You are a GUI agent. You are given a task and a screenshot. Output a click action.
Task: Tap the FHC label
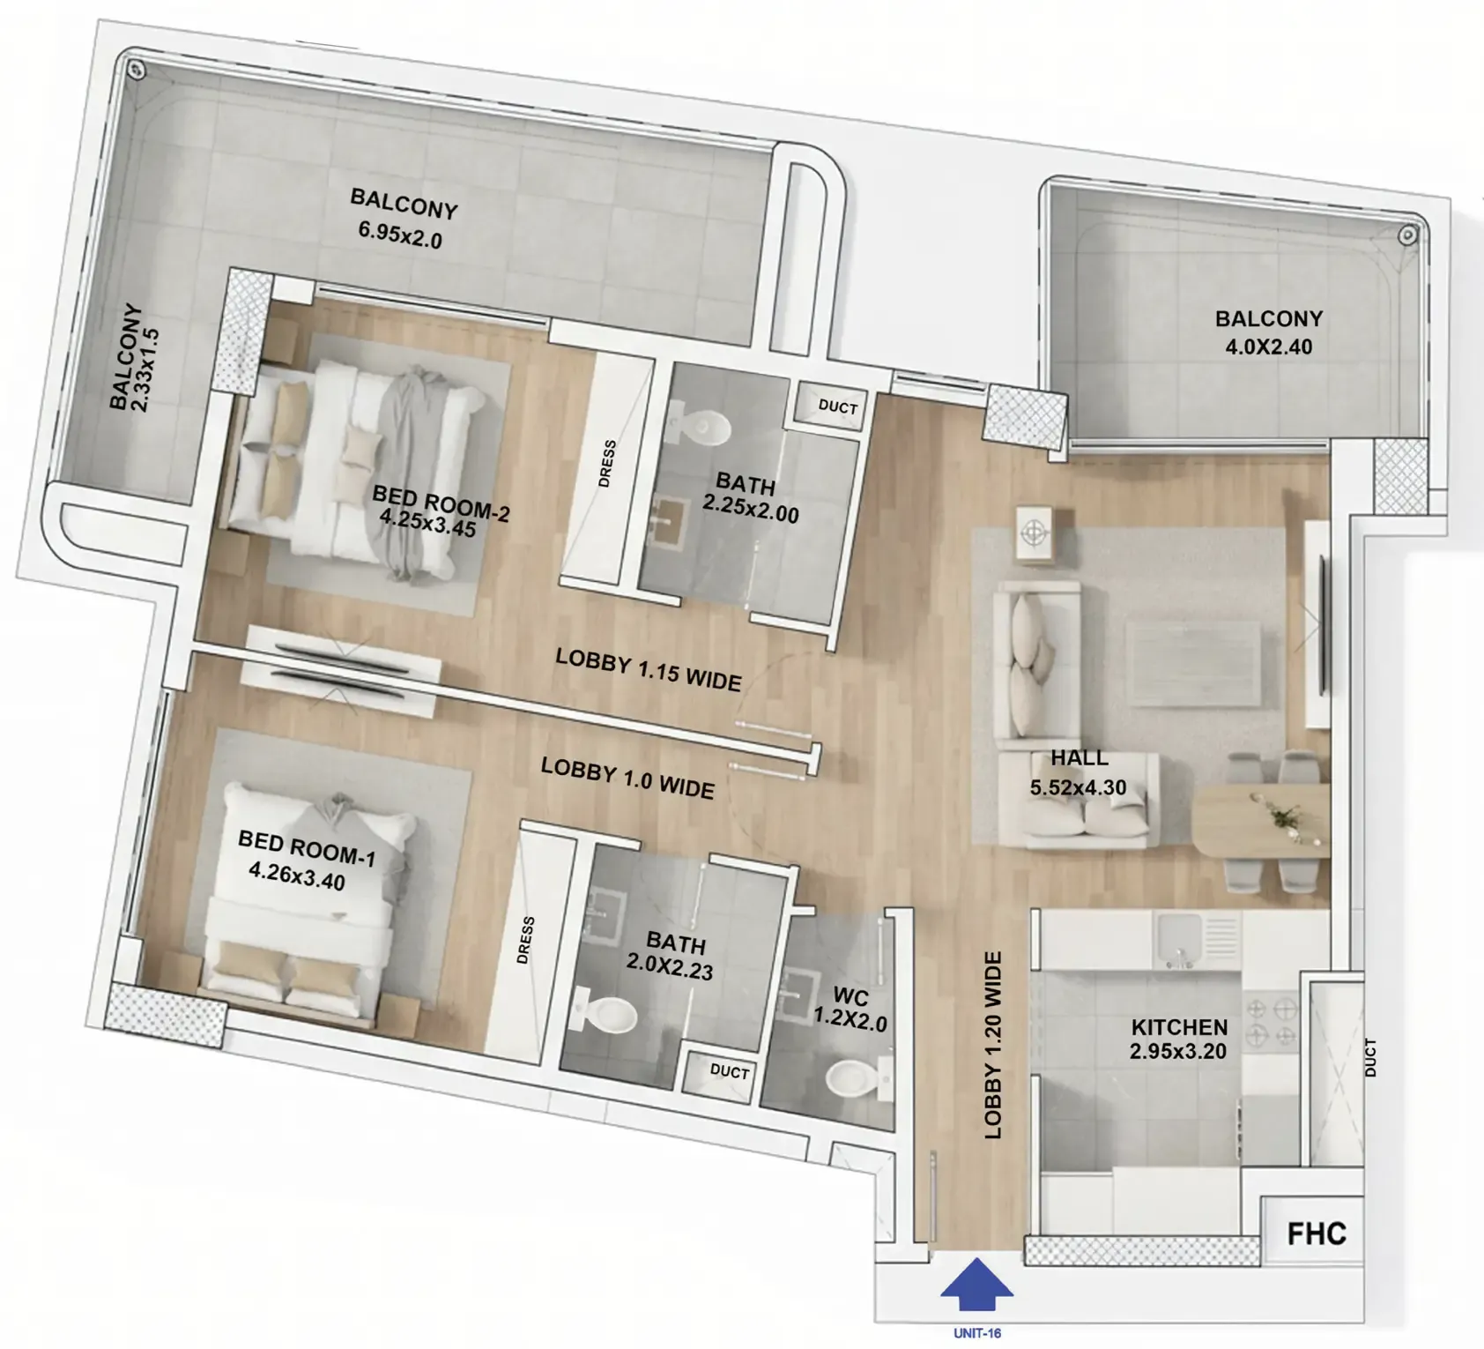tap(1317, 1233)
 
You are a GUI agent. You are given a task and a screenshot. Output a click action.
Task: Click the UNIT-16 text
tap(977, 1333)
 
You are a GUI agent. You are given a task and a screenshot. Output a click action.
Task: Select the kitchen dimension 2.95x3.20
tap(1178, 1051)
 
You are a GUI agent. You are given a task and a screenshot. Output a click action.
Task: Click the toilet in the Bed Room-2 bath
tap(701, 428)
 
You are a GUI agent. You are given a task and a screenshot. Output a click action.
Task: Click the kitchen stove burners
tap(1271, 1020)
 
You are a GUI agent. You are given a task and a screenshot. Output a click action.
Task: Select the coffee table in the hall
tap(1194, 663)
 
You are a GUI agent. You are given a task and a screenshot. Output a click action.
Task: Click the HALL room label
tap(1080, 757)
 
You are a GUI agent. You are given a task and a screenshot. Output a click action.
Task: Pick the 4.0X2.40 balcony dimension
tap(1269, 347)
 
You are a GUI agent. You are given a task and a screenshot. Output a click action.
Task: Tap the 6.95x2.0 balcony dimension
tap(400, 235)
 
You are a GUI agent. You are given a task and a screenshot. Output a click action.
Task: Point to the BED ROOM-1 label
tap(307, 848)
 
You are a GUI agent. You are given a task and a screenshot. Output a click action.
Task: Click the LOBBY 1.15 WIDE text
tap(649, 670)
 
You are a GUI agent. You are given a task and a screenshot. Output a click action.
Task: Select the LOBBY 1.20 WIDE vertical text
tap(993, 1045)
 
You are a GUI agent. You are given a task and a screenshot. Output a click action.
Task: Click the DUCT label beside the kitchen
tap(1370, 1057)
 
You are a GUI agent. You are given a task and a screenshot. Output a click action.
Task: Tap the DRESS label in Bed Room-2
tap(606, 464)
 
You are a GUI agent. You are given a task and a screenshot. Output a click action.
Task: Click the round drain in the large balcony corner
tap(135, 70)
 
